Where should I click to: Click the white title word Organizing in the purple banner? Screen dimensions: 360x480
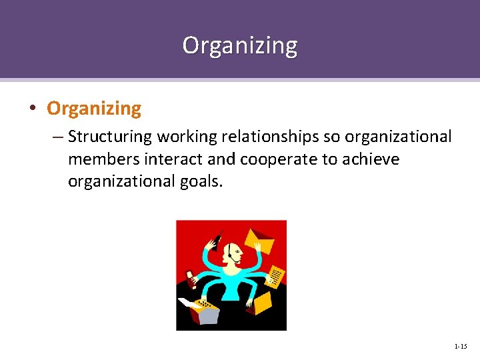click(240, 45)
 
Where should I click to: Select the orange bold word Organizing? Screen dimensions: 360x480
click(94, 108)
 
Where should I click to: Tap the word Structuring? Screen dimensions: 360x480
click(110, 137)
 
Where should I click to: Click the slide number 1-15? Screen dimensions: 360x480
click(460, 347)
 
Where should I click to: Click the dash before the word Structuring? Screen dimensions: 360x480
click(57, 137)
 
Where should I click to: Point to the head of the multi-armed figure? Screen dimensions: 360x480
click(233, 253)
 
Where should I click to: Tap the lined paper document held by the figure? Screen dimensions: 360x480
click(275, 276)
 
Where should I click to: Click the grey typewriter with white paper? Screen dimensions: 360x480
click(199, 310)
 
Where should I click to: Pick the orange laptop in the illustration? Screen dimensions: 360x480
click(262, 303)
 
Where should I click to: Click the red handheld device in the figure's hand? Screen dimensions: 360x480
click(191, 275)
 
